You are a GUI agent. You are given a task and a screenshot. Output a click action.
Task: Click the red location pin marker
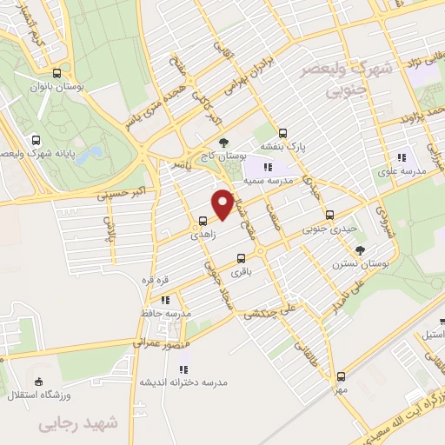click(x=222, y=203)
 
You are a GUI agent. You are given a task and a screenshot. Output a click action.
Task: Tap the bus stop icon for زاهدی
click(x=202, y=220)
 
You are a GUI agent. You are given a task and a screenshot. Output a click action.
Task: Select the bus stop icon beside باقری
click(x=241, y=257)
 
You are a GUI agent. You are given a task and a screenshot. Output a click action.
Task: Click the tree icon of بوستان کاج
click(x=224, y=142)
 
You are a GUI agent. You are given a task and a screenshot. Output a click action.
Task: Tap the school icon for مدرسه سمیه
click(x=269, y=167)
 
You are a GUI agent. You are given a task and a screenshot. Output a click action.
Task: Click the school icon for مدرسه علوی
click(x=401, y=157)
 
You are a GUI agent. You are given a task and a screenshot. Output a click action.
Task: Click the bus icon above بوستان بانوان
click(x=56, y=74)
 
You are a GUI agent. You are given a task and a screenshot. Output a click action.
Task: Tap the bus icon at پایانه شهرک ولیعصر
click(x=36, y=140)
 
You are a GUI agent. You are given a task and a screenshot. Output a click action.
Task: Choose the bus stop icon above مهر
click(x=341, y=376)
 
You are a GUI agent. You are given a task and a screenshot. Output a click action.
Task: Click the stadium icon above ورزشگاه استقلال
click(x=37, y=381)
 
